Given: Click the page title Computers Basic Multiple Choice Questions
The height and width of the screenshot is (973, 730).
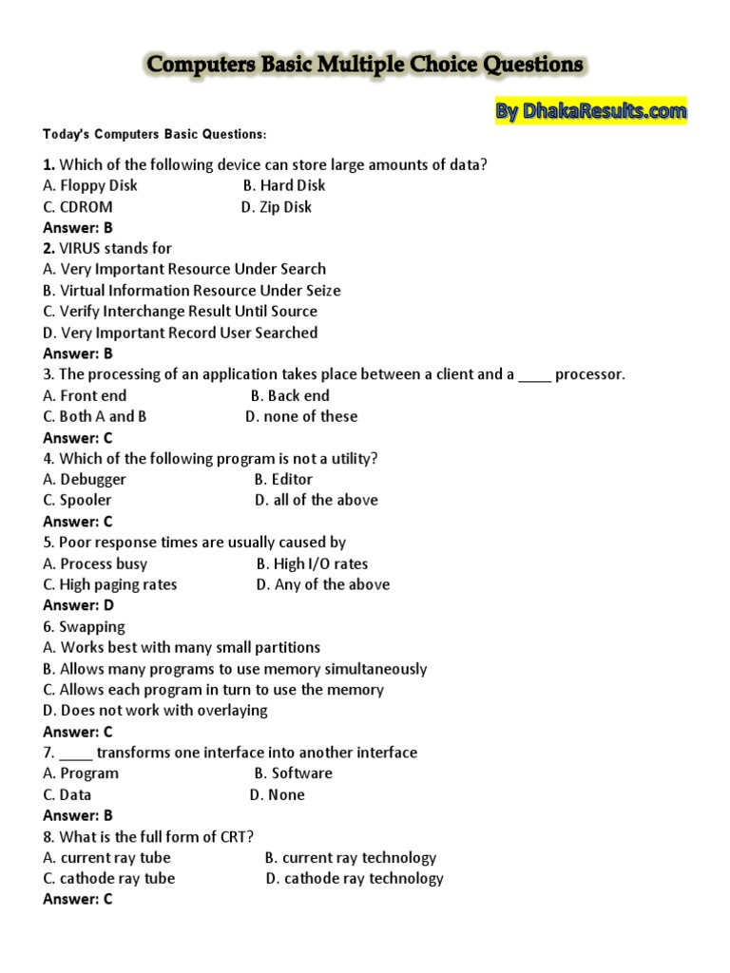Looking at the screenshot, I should pos(364,66).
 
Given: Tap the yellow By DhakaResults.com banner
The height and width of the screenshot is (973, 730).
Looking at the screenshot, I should pos(590,112).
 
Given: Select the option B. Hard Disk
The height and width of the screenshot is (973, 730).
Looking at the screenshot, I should pos(284,185).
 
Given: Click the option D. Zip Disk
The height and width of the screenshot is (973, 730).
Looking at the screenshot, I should pos(276,206).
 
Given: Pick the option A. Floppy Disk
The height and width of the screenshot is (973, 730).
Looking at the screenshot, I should pos(90,185).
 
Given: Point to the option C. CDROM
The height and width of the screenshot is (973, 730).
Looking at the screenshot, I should pos(78,206).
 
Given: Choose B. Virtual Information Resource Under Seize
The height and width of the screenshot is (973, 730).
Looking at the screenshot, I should pos(192,290).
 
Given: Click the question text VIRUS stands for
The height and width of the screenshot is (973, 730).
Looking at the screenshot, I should pos(107,248).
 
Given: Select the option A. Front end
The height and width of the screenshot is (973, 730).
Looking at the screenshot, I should pos(85,395).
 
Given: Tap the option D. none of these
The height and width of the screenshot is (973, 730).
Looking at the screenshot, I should pos(301,416).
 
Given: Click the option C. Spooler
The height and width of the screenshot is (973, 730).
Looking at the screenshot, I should pos(77,500).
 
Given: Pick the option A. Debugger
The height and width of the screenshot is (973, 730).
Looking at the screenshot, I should pos(85,479).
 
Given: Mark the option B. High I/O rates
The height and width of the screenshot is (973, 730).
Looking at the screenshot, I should pos(312,563).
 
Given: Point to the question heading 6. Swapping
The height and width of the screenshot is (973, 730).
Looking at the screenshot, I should pos(85,626).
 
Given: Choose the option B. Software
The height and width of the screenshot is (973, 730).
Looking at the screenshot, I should pos(293,773).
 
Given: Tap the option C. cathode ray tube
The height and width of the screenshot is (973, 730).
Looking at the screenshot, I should pos(109,878).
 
